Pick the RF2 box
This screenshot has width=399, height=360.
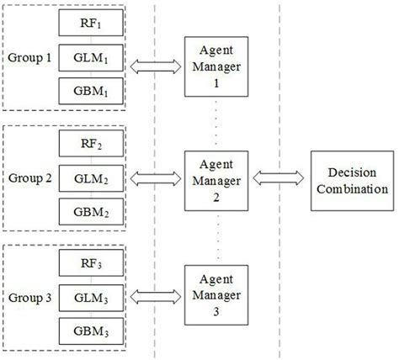coord(90,145)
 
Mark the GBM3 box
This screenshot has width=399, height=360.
coord(90,330)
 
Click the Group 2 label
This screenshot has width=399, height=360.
coord(29,178)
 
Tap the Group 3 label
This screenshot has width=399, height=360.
coord(29,297)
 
